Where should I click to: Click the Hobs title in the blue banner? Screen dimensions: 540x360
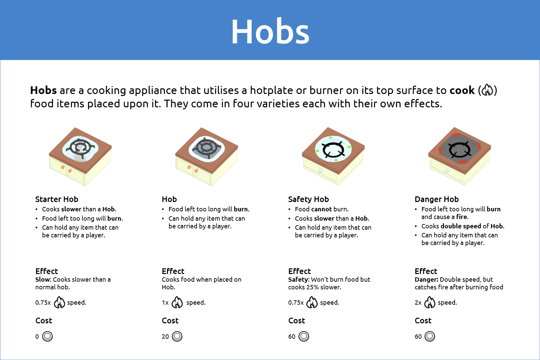pyautogui.click(x=270, y=31)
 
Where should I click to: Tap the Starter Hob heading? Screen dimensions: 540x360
pyautogui.click(x=57, y=199)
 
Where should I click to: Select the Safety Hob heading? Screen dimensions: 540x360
pyautogui.click(x=308, y=199)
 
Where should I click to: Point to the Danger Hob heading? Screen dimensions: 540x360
pyautogui.click(x=437, y=199)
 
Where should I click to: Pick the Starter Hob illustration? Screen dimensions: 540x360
pyautogui.click(x=80, y=156)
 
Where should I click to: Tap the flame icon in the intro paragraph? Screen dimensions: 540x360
pyautogui.click(x=487, y=90)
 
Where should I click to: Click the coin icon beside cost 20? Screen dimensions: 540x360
pyautogui.click(x=177, y=336)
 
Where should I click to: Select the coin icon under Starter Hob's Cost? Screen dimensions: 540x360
pyautogui.click(x=47, y=336)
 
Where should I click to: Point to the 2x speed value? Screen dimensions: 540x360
pyautogui.click(x=418, y=303)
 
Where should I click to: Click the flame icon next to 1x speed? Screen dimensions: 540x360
pyautogui.click(x=177, y=302)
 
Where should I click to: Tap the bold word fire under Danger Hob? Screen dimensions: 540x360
pyautogui.click(x=462, y=217)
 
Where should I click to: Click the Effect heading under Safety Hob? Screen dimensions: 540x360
pyautogui.click(x=299, y=271)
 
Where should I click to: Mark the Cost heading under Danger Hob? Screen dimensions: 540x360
pyautogui.click(x=423, y=321)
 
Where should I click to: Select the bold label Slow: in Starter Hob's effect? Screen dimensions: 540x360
pyautogui.click(x=43, y=279)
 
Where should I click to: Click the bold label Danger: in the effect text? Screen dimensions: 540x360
pyautogui.click(x=426, y=280)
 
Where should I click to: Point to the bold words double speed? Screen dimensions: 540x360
pyautogui.click(x=461, y=226)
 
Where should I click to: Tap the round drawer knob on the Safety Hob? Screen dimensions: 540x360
pyautogui.click(x=320, y=171)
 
